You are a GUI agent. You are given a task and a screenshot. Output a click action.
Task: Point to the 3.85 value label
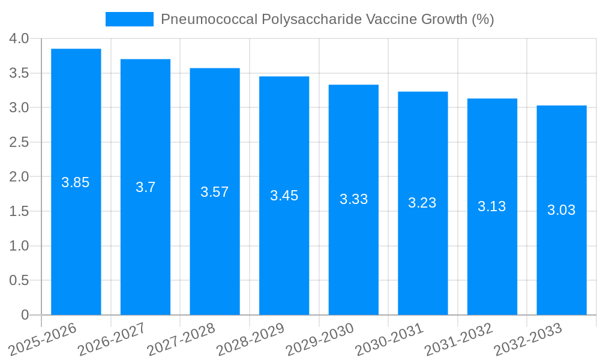tap(76, 182)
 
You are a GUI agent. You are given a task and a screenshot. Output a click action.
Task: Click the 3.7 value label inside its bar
tap(145, 187)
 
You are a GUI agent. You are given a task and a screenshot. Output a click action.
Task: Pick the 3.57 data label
tap(215, 192)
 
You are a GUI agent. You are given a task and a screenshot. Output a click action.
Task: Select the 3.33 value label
tap(354, 199)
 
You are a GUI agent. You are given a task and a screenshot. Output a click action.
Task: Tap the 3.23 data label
tap(422, 203)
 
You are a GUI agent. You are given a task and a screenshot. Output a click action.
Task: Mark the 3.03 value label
tap(562, 210)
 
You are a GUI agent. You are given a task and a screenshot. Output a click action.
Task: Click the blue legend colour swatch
tap(130, 19)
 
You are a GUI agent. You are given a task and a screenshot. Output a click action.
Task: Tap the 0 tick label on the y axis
tap(25, 315)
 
